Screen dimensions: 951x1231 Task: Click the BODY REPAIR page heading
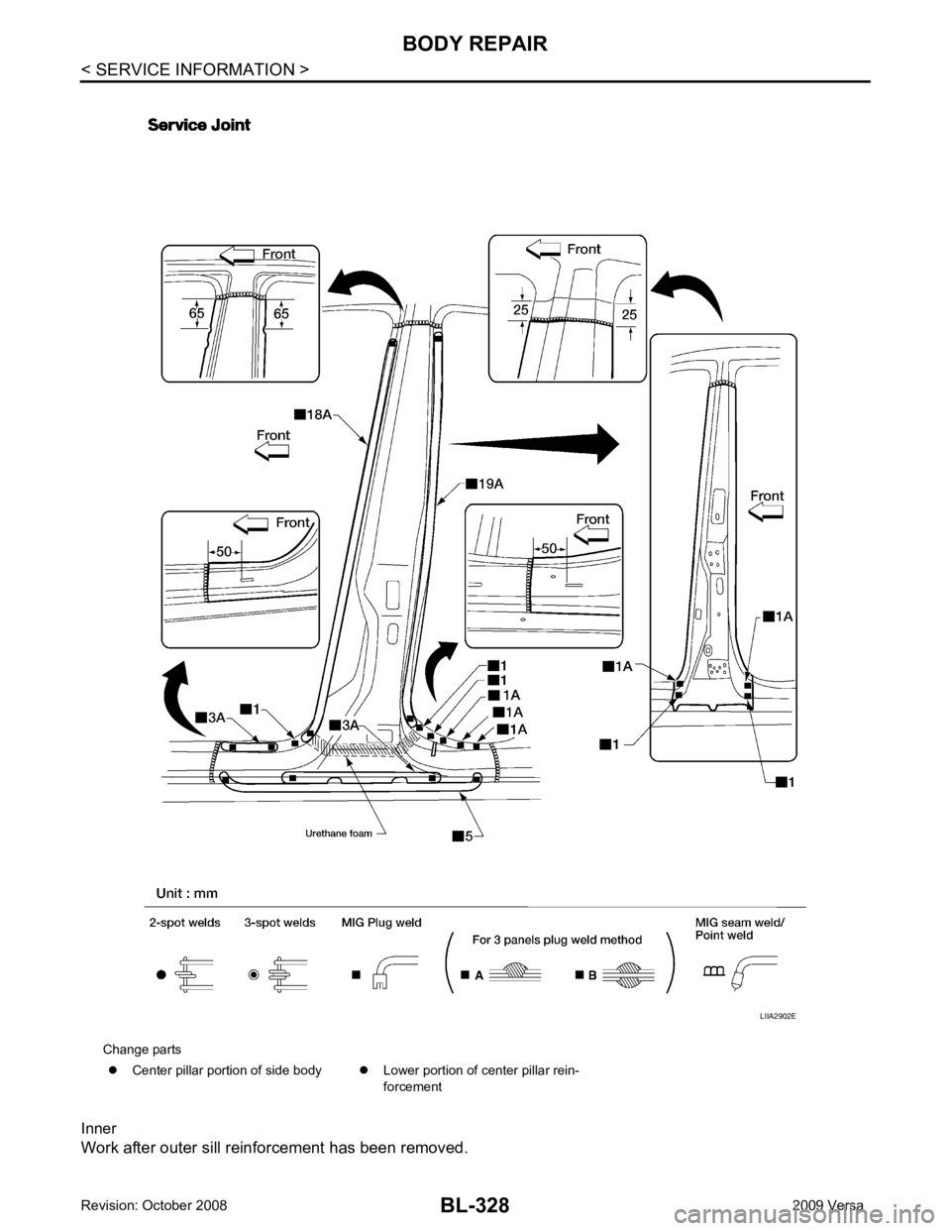[475, 44]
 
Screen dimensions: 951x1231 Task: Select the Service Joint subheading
[199, 125]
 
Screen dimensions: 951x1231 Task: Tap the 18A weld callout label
[313, 414]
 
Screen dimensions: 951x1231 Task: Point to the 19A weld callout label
[484, 484]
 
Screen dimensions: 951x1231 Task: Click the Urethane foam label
[339, 833]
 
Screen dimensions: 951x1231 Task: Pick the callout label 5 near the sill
[463, 837]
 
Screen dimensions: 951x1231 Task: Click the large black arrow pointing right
[535, 444]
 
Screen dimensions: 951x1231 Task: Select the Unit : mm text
[187, 893]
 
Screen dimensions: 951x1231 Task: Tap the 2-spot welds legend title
[184, 923]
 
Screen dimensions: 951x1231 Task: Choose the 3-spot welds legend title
[279, 923]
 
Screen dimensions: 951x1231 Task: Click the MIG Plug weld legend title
[381, 923]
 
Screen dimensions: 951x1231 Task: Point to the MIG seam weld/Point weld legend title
[740, 929]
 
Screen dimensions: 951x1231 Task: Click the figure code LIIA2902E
[778, 1033]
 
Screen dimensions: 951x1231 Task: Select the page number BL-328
[475, 1204]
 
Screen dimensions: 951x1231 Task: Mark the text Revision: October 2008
[155, 1205]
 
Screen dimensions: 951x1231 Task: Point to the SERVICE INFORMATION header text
[195, 69]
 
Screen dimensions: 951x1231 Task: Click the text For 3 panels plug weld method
[557, 940]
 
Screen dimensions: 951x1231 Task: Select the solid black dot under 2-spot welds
[161, 974]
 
